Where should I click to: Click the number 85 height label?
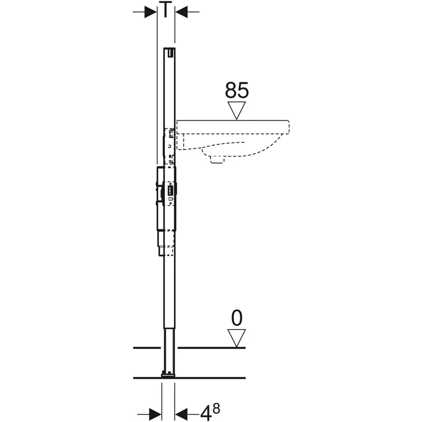pos(237,90)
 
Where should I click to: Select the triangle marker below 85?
pos(237,110)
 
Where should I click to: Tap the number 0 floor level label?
pos(237,318)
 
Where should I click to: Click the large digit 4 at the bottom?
pos(206,413)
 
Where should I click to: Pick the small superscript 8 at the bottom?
pos(216,408)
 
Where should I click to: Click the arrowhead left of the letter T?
pos(151,12)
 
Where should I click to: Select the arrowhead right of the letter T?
pos(181,12)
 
